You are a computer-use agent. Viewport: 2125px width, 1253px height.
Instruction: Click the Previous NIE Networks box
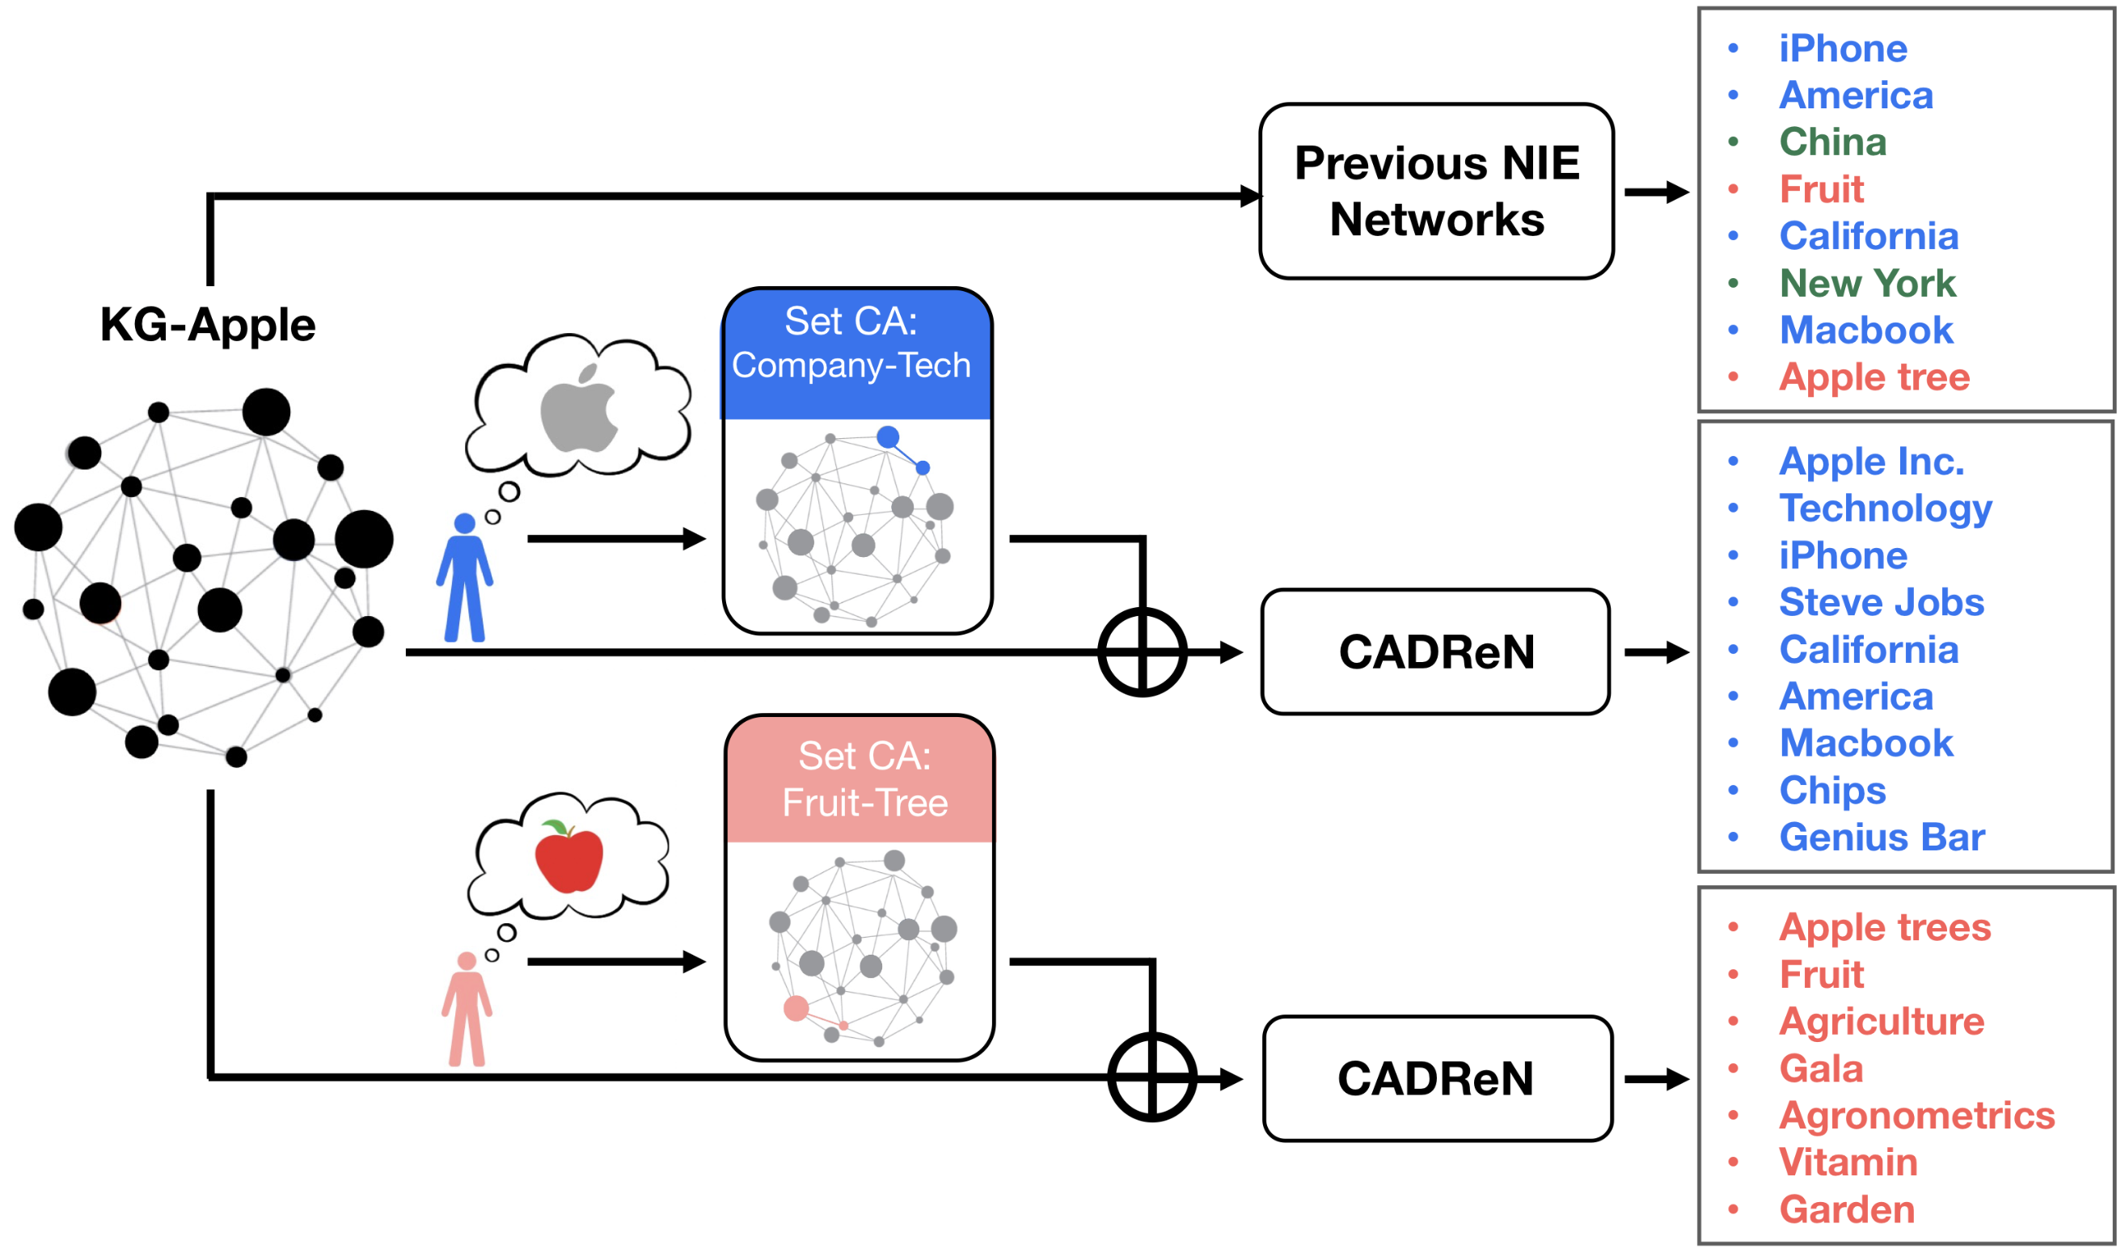tap(1436, 192)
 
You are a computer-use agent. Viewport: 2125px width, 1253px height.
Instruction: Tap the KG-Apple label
tap(208, 325)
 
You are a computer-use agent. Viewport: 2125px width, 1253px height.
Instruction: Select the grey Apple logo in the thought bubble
tap(580, 409)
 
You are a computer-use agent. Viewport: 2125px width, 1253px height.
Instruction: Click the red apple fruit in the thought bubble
tap(569, 856)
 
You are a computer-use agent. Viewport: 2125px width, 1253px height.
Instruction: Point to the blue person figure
tap(464, 578)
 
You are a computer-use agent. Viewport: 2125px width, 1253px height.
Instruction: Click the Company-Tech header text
tap(851, 365)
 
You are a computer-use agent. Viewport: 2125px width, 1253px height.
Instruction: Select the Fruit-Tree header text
tap(865, 803)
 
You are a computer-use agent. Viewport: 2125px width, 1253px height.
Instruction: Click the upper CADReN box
tap(1436, 652)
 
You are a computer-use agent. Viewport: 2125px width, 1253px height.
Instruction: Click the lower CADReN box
tap(1436, 1079)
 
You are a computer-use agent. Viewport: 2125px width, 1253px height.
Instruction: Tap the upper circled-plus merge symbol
tap(1142, 652)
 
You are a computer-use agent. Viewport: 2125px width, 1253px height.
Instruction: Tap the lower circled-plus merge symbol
tap(1152, 1078)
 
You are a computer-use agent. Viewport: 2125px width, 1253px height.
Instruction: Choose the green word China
tap(1833, 141)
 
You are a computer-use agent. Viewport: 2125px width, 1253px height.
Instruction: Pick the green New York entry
tap(1867, 283)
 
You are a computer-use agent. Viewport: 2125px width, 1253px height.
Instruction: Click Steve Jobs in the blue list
tap(1881, 603)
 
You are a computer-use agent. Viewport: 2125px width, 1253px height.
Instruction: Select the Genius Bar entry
tap(1882, 837)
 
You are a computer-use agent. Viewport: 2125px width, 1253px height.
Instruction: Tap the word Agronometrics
tap(1916, 1116)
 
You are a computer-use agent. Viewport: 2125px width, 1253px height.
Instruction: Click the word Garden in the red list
tap(1846, 1210)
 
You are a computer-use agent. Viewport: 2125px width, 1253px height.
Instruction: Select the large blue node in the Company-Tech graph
tap(888, 437)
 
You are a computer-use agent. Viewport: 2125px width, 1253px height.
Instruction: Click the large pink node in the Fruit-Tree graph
tap(796, 1008)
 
